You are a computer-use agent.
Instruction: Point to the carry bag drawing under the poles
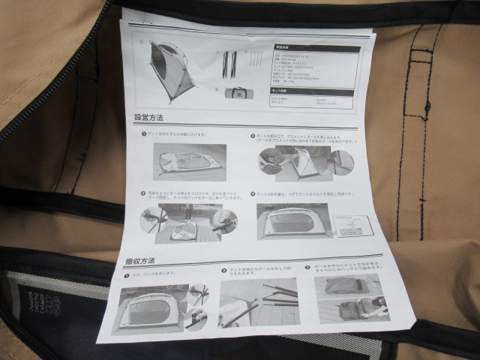(239, 93)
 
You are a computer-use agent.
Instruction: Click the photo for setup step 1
(190, 162)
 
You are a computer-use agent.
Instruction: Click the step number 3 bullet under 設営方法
(143, 193)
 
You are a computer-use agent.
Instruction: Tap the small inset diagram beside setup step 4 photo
(353, 224)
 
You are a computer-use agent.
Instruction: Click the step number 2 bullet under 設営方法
(253, 136)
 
